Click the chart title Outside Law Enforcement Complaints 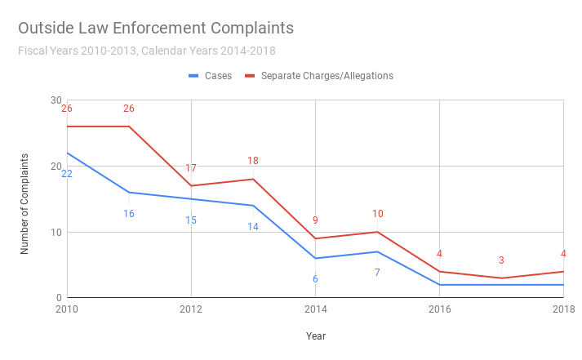pos(156,29)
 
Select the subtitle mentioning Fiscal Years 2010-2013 pos(146,51)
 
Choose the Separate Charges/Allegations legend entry pos(327,76)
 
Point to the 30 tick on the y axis pos(56,100)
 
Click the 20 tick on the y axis pos(56,167)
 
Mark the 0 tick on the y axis pos(58,298)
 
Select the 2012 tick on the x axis pos(191,309)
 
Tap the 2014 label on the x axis pos(315,309)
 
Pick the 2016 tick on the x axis pos(440,309)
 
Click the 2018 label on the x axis pos(563,309)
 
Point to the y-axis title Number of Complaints pos(25,203)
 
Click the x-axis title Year pos(315,336)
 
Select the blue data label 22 pos(67,174)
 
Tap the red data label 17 pos(191,168)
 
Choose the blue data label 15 pos(191,220)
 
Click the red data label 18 pos(253,161)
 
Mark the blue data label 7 pos(377,272)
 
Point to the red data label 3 pos(501,260)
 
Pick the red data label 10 pos(377,214)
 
